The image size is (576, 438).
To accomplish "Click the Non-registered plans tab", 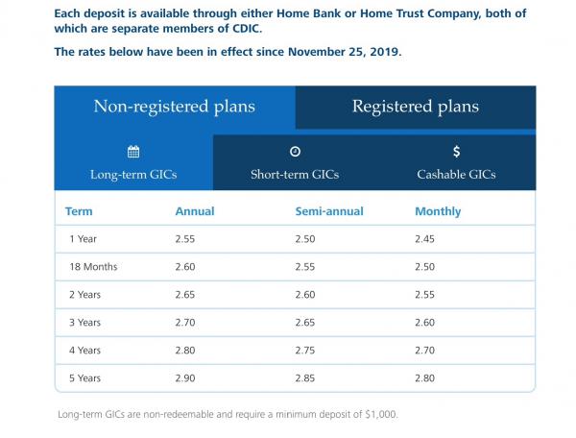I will [x=174, y=107].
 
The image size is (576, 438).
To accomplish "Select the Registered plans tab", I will [x=415, y=107].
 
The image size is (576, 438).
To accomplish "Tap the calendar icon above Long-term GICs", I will [x=133, y=151].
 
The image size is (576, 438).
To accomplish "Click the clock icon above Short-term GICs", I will [x=295, y=151].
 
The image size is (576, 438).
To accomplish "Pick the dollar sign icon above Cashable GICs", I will [x=456, y=151].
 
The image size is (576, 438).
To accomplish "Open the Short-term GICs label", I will [x=295, y=175].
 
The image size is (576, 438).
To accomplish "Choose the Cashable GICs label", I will [x=456, y=175].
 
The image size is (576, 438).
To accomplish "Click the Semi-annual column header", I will [x=325, y=211].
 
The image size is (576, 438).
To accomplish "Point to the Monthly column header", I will [x=438, y=211].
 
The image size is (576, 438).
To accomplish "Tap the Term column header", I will [x=79, y=211].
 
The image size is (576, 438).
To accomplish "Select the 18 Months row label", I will [x=93, y=266].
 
